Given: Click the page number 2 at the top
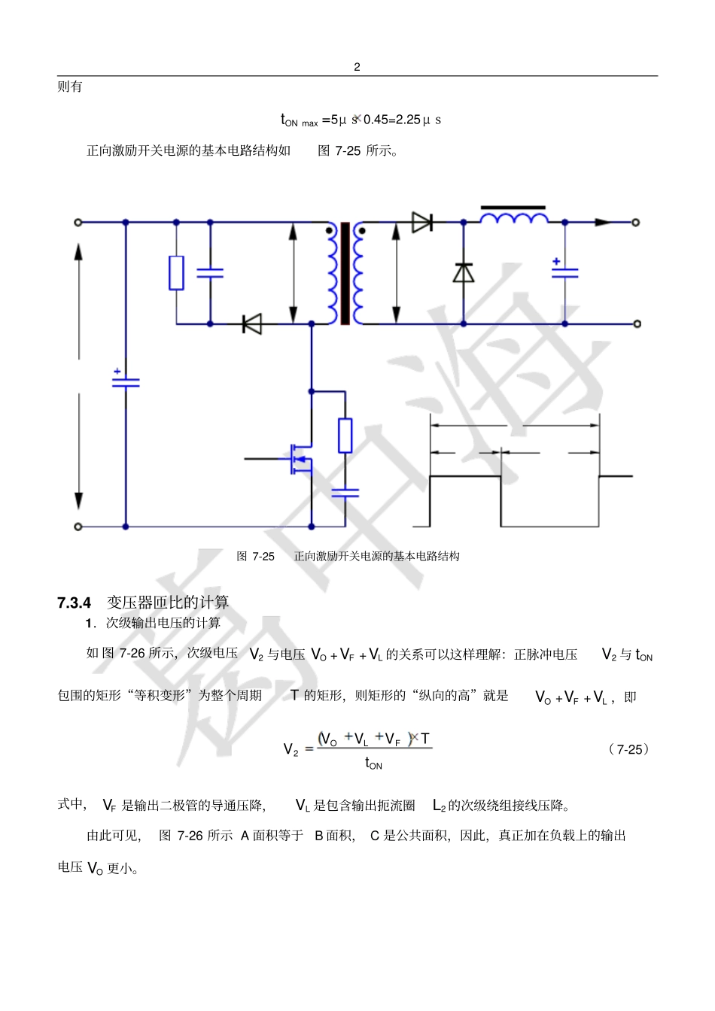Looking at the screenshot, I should tap(357, 67).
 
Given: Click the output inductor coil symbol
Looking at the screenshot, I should tap(514, 217).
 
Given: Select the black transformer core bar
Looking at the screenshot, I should tap(345, 273).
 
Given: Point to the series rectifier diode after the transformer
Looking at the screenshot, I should tap(422, 222).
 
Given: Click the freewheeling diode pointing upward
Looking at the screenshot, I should tap(464, 272).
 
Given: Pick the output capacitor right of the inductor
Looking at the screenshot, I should tap(565, 272).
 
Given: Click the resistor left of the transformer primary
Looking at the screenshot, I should tap(176, 272).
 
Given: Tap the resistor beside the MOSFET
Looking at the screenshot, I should tap(345, 435).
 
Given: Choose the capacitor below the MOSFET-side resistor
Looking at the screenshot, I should tap(345, 493).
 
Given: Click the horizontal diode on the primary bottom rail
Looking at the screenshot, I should tap(251, 323).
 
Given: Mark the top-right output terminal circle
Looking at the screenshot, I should tap(636, 223).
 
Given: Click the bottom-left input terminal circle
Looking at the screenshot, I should tap(78, 527).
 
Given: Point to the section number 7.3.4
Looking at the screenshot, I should tap(74, 603).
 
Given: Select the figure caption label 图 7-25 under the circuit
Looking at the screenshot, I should tap(255, 557).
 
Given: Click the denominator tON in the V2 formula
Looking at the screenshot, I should tap(373, 764).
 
